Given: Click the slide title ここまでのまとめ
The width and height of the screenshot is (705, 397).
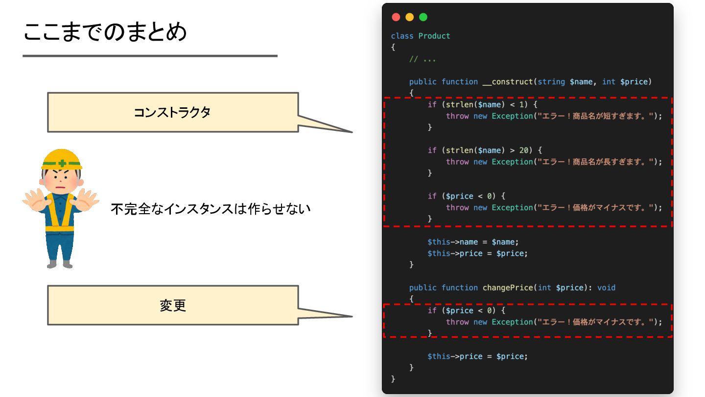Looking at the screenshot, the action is coord(105,32).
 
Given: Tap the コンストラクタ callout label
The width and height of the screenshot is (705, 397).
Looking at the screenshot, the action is coord(172,112).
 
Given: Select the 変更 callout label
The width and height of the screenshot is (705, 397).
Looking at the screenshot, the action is coord(172,305).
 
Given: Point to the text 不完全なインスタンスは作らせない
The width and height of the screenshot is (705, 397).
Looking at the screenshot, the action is coord(211,209).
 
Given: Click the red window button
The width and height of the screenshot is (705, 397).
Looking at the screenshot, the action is coord(396,17).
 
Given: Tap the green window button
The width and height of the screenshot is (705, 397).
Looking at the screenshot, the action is coord(423,17).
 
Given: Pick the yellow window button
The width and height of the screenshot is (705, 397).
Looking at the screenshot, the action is coord(410,17).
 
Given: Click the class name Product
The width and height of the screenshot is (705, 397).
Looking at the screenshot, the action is coord(434,36).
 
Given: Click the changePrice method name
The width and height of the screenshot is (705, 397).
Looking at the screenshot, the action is coord(508,288).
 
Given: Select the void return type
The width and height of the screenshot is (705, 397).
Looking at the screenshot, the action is coord(606,288).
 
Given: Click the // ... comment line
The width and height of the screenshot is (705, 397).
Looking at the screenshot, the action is coord(423,59).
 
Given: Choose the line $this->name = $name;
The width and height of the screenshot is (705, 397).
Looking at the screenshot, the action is coord(472,242).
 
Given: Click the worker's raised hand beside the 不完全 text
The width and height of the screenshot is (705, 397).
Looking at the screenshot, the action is coord(88,200).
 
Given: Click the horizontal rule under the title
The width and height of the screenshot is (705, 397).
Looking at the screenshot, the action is coord(150,56).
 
